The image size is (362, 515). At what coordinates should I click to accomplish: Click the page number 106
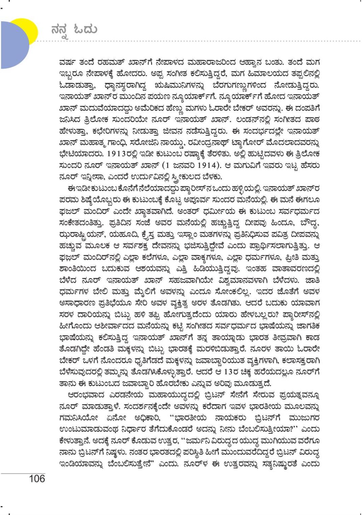coord(37,479)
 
